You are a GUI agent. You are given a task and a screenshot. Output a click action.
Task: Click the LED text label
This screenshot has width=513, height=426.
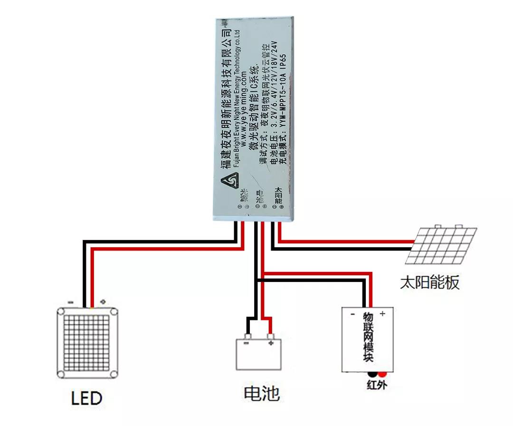click(87, 397)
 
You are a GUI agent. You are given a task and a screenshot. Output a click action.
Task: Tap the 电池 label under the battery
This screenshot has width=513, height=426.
click(262, 394)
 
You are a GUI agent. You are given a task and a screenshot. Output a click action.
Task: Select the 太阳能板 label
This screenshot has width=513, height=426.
click(430, 283)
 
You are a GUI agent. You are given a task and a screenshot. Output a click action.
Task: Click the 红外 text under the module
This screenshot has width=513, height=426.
click(377, 384)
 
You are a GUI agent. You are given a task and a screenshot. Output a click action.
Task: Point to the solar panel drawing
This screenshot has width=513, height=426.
click(442, 245)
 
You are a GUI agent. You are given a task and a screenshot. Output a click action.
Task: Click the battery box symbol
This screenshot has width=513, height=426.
click(259, 354)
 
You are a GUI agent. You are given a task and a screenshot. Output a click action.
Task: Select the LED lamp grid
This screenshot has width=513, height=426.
click(87, 342)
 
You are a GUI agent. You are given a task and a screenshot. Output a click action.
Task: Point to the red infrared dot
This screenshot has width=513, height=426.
click(382, 374)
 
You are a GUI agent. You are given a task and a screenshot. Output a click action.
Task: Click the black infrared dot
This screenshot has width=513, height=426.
click(372, 374)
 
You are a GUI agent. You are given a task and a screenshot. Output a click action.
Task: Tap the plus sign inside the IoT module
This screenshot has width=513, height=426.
click(382, 313)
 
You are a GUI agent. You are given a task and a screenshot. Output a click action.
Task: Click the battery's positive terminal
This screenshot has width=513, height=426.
click(271, 339)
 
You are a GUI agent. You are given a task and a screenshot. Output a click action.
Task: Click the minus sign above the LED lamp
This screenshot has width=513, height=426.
click(70, 302)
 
